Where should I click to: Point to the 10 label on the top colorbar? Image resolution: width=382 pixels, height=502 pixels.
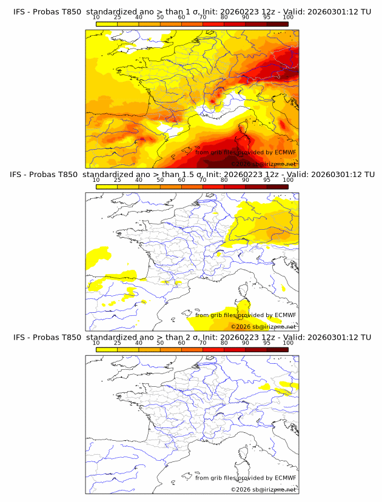(96, 17)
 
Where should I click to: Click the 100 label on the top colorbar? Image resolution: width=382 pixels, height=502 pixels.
(288, 17)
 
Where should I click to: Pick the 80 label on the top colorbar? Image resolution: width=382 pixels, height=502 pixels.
(224, 17)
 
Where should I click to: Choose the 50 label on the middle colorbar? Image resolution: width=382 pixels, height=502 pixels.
(160, 180)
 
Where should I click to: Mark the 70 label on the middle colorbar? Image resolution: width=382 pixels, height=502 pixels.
(203, 180)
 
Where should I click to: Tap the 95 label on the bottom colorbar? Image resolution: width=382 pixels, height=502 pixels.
(267, 343)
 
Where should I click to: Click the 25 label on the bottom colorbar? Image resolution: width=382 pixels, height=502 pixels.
(118, 343)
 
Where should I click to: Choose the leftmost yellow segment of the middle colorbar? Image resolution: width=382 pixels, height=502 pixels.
(107, 186)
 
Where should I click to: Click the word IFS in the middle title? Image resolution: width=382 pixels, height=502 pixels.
(19, 175)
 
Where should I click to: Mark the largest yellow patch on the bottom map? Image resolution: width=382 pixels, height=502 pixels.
(265, 386)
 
